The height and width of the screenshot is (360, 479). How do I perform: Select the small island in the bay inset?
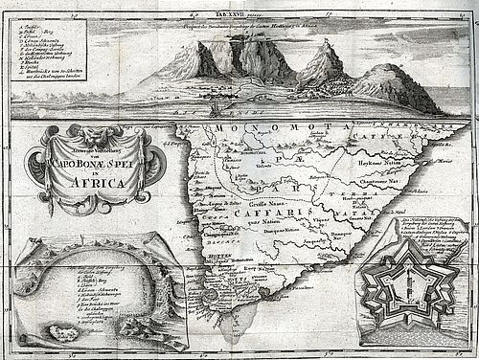pos(70,333)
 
